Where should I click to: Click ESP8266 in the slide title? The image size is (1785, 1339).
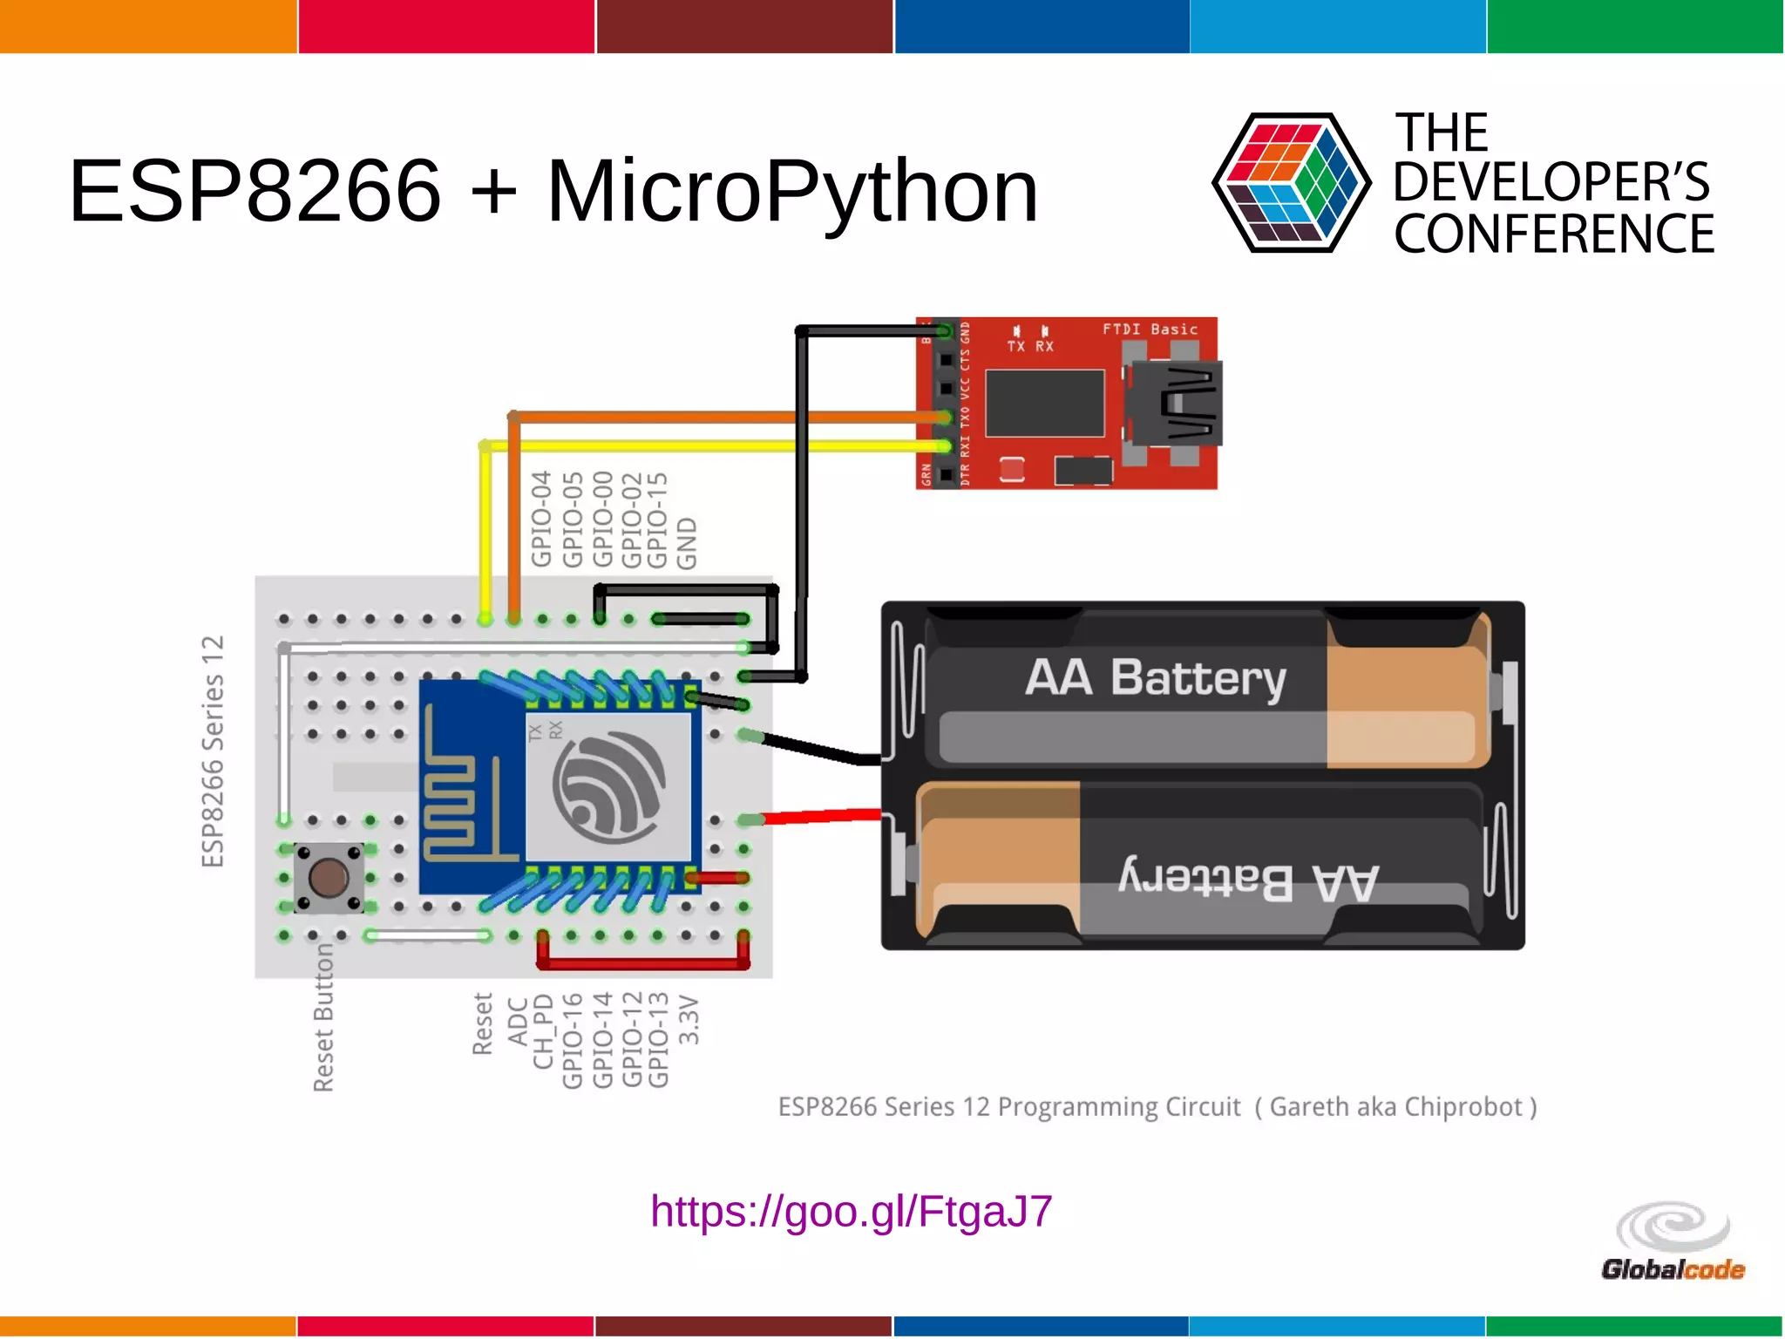tap(255, 192)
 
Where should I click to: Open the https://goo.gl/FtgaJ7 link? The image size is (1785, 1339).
tap(851, 1211)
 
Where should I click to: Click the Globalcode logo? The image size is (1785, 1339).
tap(1673, 1241)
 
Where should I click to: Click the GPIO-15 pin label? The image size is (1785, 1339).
tap(658, 519)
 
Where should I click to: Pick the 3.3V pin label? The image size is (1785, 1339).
tap(689, 1020)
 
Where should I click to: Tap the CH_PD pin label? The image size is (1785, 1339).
tap(543, 1031)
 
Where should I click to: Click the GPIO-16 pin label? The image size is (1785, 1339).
tap(572, 1040)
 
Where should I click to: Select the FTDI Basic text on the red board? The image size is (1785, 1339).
tap(1150, 330)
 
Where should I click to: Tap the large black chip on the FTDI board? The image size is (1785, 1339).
tap(1044, 403)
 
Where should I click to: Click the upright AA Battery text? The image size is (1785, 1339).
tap(1155, 678)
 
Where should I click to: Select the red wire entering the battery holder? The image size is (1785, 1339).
tap(823, 817)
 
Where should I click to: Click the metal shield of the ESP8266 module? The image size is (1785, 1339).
tap(608, 786)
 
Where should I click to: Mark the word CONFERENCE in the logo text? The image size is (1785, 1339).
tap(1553, 234)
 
